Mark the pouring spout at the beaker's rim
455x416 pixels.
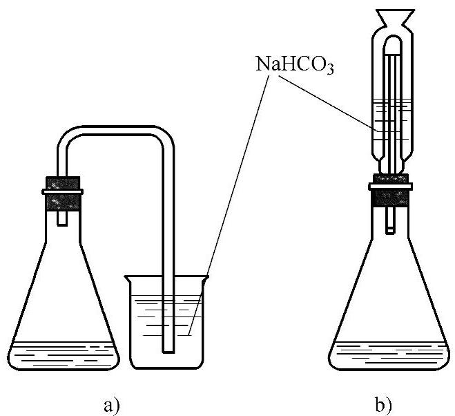[127, 278]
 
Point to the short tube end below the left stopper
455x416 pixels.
[63, 217]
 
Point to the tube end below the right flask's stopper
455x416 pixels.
[391, 221]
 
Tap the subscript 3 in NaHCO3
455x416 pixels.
[329, 70]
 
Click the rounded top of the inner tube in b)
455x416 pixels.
[392, 43]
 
